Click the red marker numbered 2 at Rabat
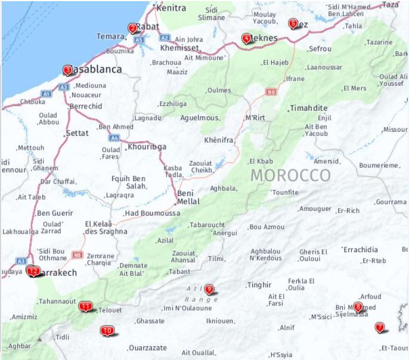point(132,27)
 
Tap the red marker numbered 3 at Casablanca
point(67,70)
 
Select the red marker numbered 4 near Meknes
point(246,39)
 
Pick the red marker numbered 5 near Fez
point(292,24)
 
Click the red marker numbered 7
point(379,327)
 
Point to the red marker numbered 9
point(209,290)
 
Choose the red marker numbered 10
point(107,330)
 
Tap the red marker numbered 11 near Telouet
point(86,307)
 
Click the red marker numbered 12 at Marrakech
point(33,271)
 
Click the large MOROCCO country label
point(290,175)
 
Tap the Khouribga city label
point(147,147)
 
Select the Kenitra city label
point(171,8)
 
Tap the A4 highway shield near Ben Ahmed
point(113,138)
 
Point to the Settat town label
point(78,133)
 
